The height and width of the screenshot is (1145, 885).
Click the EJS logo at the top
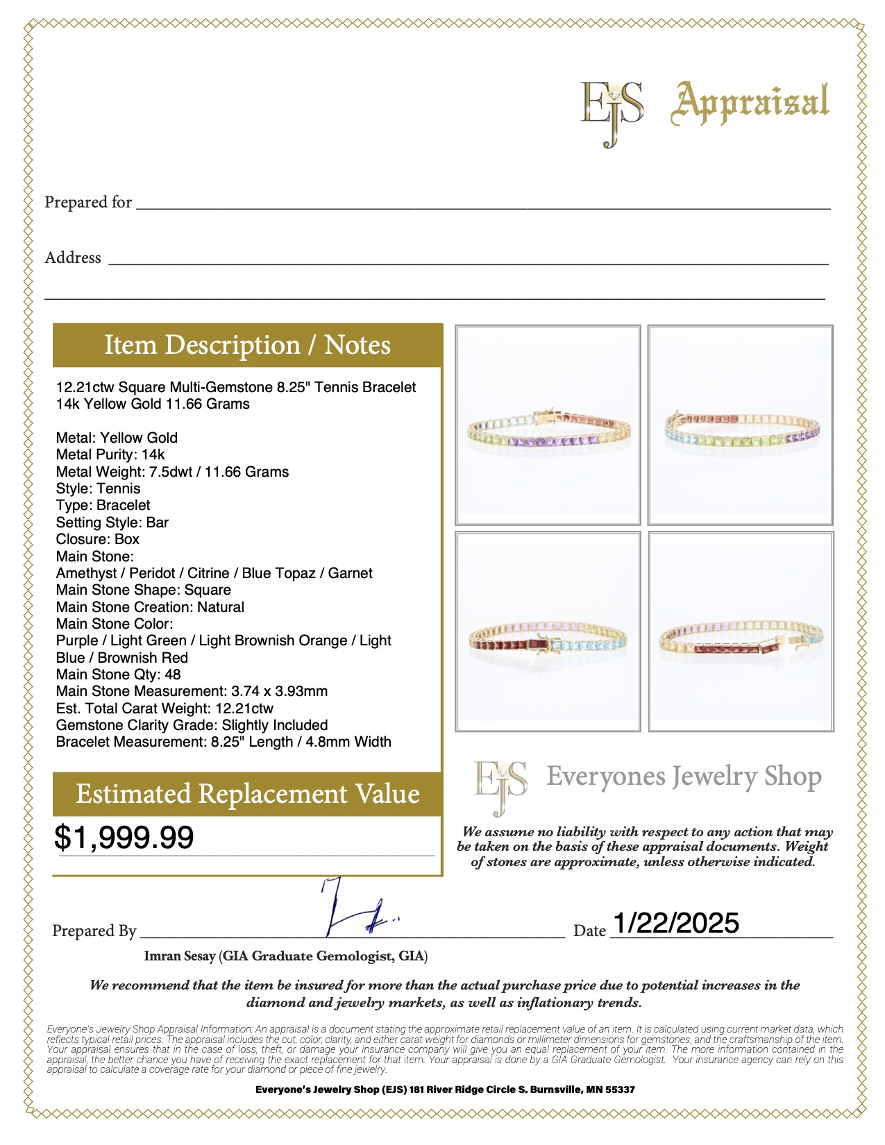611,111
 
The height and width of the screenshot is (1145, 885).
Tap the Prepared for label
88,202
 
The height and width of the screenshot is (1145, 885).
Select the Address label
73,257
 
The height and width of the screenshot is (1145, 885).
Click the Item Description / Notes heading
247,345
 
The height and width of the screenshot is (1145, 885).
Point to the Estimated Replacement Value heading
247,794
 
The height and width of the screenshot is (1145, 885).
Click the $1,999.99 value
124,837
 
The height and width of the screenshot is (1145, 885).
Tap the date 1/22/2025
675,923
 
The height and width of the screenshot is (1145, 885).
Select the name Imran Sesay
180,956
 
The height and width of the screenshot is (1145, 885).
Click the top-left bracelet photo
548,425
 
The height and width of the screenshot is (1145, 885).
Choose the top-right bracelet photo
740,425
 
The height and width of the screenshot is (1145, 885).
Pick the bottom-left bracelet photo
548,631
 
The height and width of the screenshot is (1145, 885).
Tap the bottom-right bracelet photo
741,631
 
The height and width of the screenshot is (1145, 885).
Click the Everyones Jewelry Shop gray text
684,777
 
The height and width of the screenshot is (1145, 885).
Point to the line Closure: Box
98,539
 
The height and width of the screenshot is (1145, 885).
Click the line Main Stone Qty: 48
118,675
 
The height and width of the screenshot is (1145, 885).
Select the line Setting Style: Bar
112,523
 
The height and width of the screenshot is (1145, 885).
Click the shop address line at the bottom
445,1089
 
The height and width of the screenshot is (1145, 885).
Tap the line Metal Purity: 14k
110,455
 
